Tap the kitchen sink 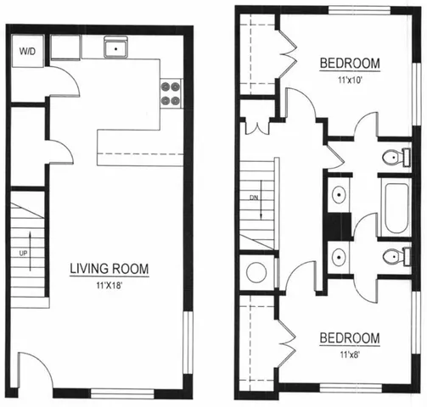point(115,47)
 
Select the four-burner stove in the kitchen point(170,92)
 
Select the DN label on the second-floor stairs point(253,199)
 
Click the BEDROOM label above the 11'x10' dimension point(349,64)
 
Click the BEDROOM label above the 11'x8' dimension point(349,338)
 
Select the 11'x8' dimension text point(349,354)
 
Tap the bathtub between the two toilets point(394,207)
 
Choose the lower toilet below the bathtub point(392,257)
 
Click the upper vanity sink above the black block point(338,193)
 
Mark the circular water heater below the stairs point(254,272)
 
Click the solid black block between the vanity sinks point(339,225)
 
